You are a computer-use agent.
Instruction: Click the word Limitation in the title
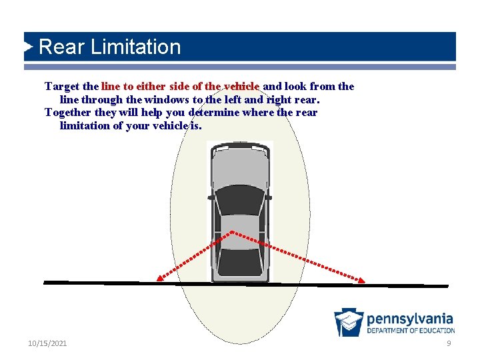click(135, 47)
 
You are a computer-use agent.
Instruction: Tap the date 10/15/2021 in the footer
click(47, 343)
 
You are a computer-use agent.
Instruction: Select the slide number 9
click(449, 343)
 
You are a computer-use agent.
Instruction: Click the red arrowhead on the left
click(159, 279)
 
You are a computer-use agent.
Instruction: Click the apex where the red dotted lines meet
click(231, 232)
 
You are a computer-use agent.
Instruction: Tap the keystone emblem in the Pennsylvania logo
click(349, 322)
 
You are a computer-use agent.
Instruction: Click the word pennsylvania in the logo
click(409, 319)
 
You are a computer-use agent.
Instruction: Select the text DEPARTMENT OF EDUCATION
click(411, 331)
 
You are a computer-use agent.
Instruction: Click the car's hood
click(239, 170)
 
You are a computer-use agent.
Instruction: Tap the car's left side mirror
click(211, 197)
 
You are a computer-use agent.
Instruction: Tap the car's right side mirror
click(268, 197)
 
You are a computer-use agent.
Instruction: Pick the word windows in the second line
click(165, 99)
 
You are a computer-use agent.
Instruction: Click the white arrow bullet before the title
click(28, 47)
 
